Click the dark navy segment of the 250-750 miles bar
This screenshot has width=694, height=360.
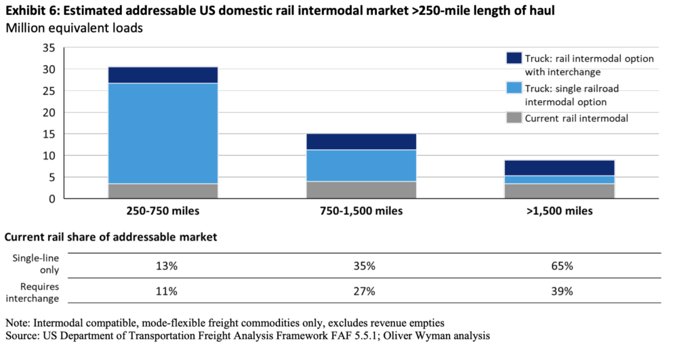click(x=163, y=75)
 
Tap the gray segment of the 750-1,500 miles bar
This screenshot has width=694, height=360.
click(x=361, y=190)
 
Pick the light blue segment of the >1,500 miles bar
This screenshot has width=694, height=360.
click(x=559, y=180)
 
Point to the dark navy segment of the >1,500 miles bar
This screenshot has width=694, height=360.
click(x=559, y=167)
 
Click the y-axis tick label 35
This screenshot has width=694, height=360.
click(x=48, y=47)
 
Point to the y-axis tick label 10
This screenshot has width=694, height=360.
click(x=48, y=156)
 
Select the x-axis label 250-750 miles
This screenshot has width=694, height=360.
click(x=163, y=211)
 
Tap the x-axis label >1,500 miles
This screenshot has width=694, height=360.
click(x=559, y=211)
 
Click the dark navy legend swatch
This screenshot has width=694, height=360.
click(x=514, y=59)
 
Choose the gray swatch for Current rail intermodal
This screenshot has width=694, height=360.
click(x=514, y=118)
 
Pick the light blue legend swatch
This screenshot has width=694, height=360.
click(x=514, y=89)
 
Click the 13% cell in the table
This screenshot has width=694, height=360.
click(x=166, y=266)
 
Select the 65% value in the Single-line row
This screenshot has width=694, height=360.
click(x=562, y=266)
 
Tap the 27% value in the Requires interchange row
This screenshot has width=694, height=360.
click(x=364, y=292)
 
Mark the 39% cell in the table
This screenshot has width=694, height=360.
click(x=562, y=292)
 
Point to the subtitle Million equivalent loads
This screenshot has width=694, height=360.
click(x=74, y=28)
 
